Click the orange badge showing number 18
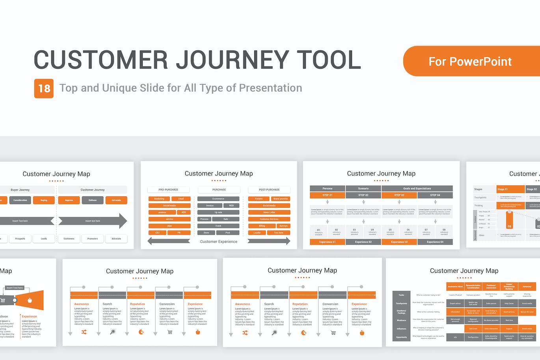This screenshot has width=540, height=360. [x=44, y=88]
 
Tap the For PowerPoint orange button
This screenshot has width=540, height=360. [x=471, y=62]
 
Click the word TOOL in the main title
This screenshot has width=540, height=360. [x=328, y=60]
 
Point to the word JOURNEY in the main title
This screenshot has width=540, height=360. [x=232, y=60]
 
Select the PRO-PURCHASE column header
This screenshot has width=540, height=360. [x=168, y=190]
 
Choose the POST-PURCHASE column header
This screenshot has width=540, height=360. [x=269, y=190]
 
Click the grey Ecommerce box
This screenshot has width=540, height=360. [x=218, y=199]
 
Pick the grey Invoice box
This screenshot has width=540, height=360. [x=210, y=205]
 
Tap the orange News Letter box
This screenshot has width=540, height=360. [x=269, y=212]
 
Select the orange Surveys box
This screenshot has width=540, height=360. [x=283, y=226]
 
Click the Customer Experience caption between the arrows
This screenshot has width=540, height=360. [x=219, y=242]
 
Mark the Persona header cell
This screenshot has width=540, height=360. [x=327, y=188]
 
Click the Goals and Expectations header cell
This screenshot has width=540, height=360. [x=417, y=188]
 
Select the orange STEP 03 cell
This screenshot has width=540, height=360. [x=399, y=195]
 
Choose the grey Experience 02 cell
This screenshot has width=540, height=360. [x=363, y=242]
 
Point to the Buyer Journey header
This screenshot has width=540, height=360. [x=20, y=190]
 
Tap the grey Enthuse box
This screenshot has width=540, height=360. [x=93, y=200]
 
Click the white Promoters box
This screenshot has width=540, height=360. [x=93, y=239]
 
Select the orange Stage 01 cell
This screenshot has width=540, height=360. [x=510, y=189]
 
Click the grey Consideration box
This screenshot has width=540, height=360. [x=20, y=200]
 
